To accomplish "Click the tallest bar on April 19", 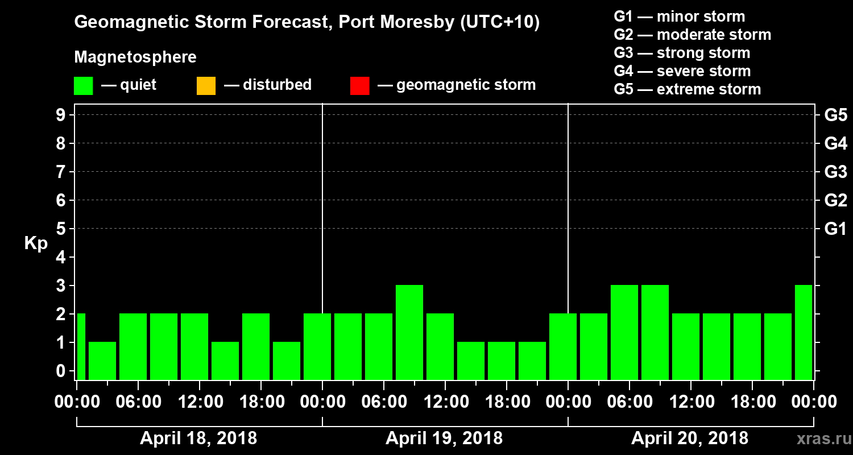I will (x=409, y=332).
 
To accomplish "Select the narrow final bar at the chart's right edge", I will (x=804, y=332).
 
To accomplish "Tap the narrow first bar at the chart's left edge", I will (x=81, y=346).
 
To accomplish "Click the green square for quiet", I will (x=83, y=86).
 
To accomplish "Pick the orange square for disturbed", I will (x=206, y=86).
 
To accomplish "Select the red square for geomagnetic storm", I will (x=359, y=86).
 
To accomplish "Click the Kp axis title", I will (x=36, y=243).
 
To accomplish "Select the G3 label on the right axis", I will (x=835, y=172).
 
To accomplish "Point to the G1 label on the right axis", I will (x=835, y=229).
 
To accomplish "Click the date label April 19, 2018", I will (x=444, y=439).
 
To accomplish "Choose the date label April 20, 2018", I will (x=690, y=439).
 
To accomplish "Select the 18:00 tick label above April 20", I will (x=752, y=402).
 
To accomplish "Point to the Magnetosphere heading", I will (x=135, y=57).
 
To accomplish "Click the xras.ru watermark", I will (x=819, y=439).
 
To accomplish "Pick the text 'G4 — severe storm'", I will (x=682, y=71).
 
